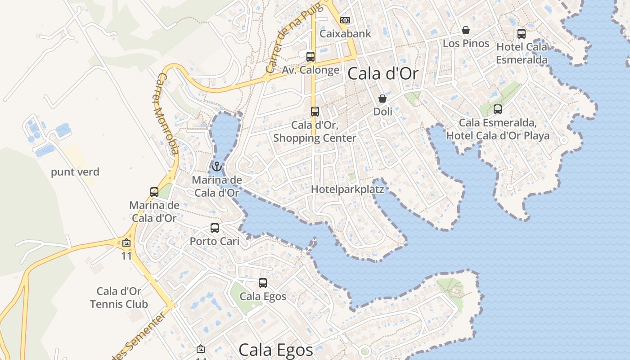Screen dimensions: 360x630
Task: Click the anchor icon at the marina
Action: pos(217,167)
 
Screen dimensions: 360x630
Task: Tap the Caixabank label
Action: pos(345,34)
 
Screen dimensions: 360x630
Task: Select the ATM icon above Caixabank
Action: pos(345,20)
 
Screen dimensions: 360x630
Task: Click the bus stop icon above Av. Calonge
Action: pos(310,56)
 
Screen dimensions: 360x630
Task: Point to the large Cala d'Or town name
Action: pos(383,74)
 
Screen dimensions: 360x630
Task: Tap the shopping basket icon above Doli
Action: pos(382,99)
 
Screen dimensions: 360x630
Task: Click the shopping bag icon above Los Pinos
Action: pos(466,30)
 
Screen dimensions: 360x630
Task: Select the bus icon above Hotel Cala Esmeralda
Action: pos(521,33)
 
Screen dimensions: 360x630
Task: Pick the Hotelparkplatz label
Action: pos(347,189)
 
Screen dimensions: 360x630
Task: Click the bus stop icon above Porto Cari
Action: pos(215,228)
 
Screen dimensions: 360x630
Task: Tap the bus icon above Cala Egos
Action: pos(263,283)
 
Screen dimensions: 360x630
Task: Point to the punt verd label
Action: pos(75,172)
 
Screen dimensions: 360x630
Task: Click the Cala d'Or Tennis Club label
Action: pos(119,298)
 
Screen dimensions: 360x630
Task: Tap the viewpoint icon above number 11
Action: pos(126,243)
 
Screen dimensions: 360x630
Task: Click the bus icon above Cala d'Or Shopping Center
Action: pos(315,111)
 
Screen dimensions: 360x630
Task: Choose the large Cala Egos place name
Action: pos(275,350)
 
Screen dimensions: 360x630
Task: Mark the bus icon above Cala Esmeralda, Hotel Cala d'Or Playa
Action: pos(497,109)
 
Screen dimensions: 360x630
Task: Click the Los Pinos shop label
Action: pos(466,44)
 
